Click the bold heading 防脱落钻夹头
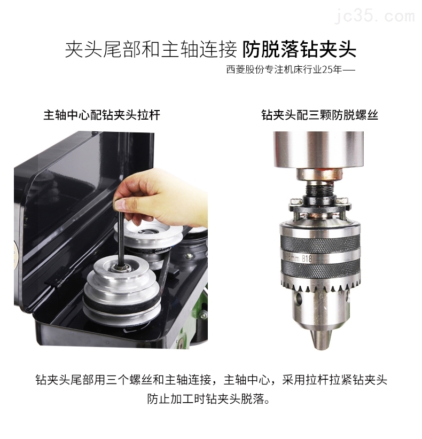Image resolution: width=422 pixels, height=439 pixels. [299, 50]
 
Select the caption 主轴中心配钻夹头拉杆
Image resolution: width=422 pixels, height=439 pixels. [102, 115]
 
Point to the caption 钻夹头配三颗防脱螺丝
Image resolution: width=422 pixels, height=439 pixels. [319, 115]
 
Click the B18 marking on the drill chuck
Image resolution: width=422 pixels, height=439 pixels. [307, 258]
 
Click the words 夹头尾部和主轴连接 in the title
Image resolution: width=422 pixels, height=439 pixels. [151, 50]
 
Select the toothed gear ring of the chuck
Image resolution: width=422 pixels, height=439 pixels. [320, 286]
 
